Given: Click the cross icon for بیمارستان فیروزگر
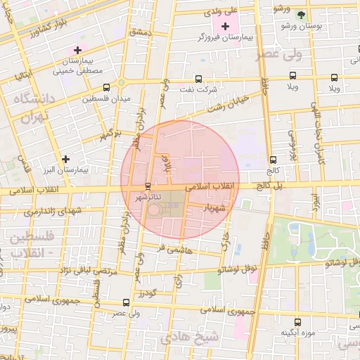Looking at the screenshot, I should [x=225, y=26].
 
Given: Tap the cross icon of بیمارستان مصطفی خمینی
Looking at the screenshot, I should [x=77, y=51].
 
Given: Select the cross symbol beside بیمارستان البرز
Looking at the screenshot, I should [x=65, y=159].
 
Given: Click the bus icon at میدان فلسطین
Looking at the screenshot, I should [x=106, y=88].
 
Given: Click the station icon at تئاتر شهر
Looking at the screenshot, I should [x=147, y=186].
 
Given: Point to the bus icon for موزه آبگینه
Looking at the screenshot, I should [x=297, y=321].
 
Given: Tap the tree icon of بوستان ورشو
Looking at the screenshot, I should [x=301, y=15].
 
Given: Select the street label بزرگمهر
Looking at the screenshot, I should [x=110, y=132].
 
